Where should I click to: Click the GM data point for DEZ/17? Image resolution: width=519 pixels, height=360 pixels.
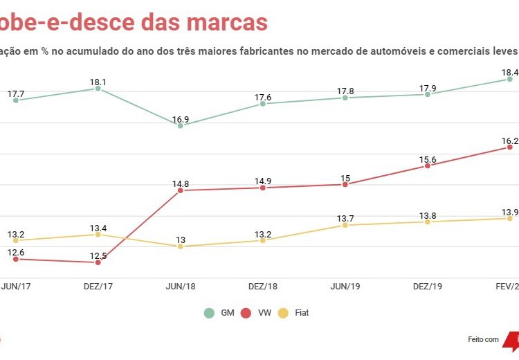(98, 89)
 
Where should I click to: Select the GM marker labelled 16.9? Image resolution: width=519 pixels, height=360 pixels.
(181, 125)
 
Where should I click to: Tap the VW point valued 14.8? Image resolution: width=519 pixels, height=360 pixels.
(181, 190)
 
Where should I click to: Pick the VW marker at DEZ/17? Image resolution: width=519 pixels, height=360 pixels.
(98, 262)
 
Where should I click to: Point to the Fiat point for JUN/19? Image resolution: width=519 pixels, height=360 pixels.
(345, 225)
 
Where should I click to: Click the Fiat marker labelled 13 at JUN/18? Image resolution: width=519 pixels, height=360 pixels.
(181, 246)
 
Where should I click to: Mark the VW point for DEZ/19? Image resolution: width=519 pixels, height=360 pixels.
(428, 166)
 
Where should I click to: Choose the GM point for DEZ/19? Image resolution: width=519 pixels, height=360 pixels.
(428, 94)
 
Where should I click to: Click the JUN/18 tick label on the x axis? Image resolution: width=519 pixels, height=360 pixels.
(181, 286)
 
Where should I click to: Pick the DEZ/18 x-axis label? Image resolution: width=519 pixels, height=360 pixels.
(263, 286)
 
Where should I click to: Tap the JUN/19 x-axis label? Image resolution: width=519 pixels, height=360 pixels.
(345, 286)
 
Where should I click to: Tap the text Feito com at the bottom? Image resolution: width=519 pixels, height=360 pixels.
(483, 339)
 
